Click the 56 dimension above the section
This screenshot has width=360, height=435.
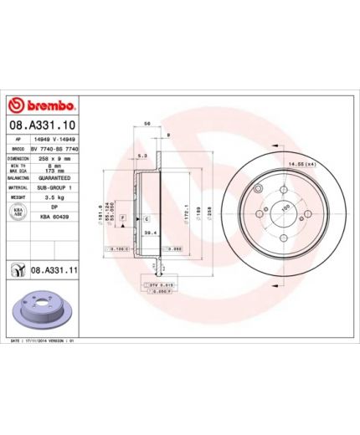click(148, 123)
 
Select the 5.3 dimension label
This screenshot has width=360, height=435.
click(142, 156)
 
